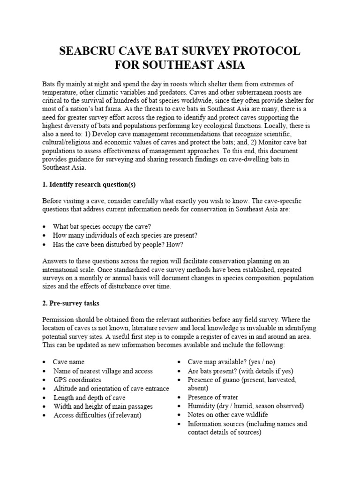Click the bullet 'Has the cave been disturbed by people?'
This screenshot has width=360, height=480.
tap(118, 244)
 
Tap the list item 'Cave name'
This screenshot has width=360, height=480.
tap(68, 362)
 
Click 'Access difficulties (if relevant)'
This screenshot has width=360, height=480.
tap(97, 415)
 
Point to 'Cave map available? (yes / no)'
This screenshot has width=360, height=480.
tap(232, 362)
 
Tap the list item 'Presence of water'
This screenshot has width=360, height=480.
tap(213, 397)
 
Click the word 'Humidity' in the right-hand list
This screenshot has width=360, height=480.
tap(202, 406)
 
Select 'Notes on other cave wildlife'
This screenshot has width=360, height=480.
tap(228, 415)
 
